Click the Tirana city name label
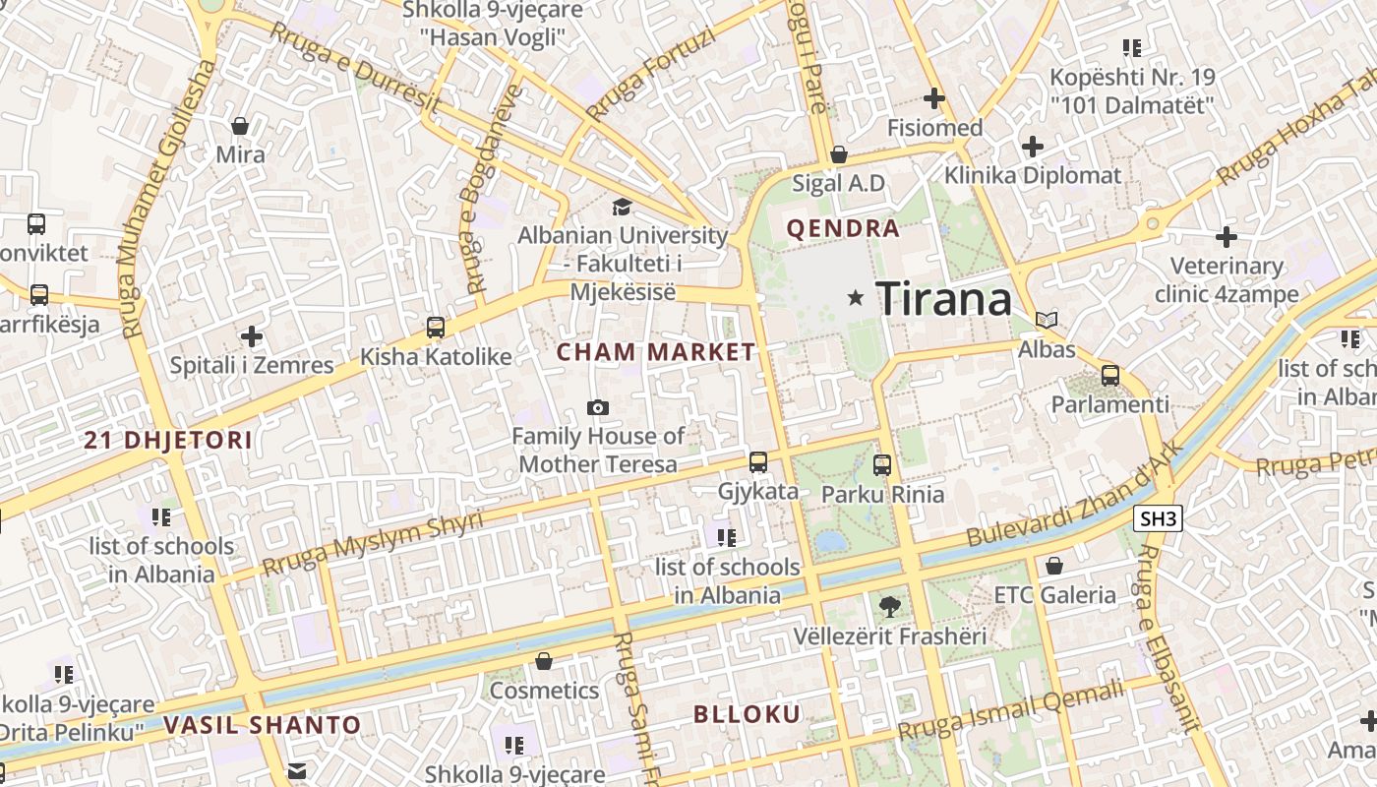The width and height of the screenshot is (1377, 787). (943, 298)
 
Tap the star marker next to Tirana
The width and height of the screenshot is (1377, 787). (856, 297)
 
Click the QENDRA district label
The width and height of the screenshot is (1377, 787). (843, 229)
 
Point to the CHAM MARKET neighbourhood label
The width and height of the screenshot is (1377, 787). (656, 352)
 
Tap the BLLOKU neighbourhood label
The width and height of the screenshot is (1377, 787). (748, 714)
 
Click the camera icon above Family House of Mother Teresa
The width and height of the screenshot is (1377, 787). (597, 407)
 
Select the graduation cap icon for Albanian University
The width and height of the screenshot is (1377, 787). (622, 207)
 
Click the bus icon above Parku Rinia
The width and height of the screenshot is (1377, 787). (882, 465)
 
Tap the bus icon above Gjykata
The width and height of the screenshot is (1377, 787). (757, 461)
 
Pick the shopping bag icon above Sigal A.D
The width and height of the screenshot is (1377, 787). (839, 154)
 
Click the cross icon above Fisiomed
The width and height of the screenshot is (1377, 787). (934, 98)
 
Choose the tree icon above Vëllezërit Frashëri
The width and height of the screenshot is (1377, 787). (890, 607)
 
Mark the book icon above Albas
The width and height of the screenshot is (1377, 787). (1047, 320)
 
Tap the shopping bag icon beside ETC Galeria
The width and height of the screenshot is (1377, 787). (1053, 566)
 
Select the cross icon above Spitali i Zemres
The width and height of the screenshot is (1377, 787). (252, 336)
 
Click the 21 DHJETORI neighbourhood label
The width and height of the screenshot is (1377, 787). (168, 441)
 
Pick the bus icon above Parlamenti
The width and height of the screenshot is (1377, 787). (1110, 375)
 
